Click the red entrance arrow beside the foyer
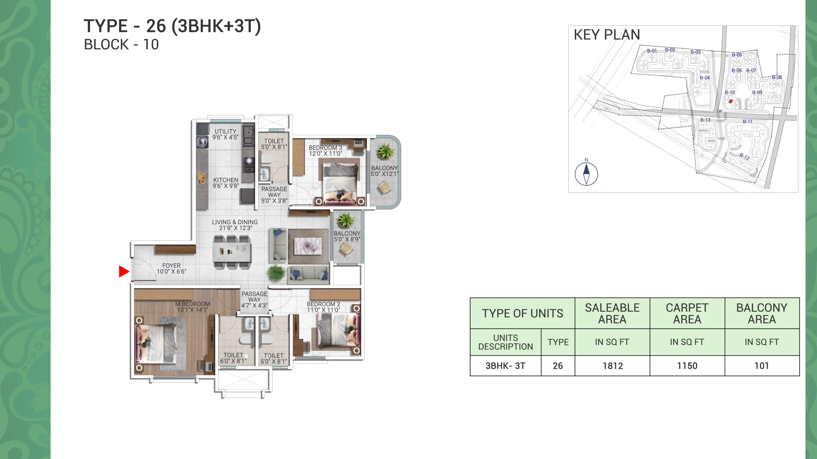(x=124, y=272)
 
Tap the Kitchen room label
(x=226, y=183)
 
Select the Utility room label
(x=225, y=134)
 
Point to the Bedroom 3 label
(x=325, y=150)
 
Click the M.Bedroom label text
(x=192, y=307)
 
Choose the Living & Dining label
(x=235, y=225)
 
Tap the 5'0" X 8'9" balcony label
(x=347, y=236)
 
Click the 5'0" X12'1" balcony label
(x=384, y=171)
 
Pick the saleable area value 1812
(x=613, y=366)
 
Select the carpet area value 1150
(x=687, y=366)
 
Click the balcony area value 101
(x=762, y=366)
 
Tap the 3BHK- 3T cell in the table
(x=506, y=366)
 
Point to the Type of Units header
(x=523, y=313)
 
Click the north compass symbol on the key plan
(x=586, y=174)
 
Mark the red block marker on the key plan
(x=731, y=101)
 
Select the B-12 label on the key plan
(x=745, y=156)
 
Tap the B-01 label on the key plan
(x=652, y=51)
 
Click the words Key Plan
(x=607, y=35)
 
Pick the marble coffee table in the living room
(x=308, y=246)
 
